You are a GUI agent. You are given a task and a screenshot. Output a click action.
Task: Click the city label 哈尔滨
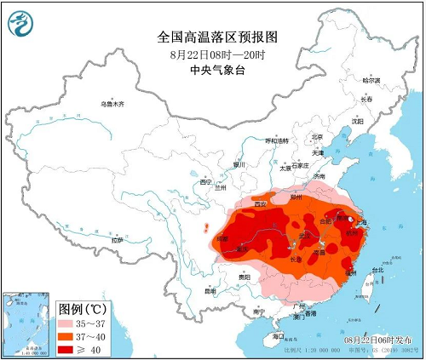pos(372,80)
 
